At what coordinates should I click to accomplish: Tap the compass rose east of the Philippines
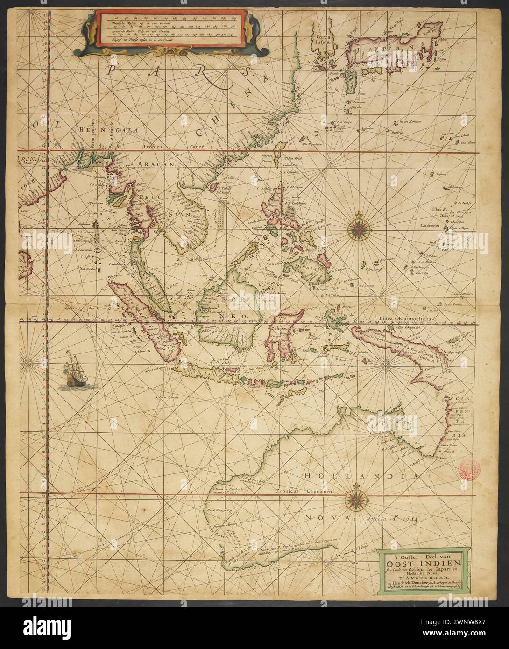359,228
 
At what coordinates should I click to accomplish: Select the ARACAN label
156,165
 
